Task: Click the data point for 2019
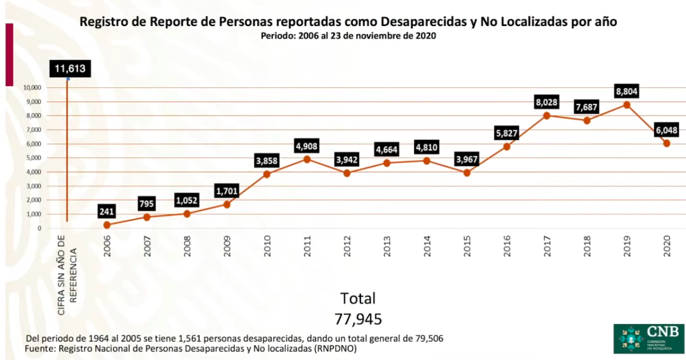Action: coord(626,105)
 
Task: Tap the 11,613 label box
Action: coord(69,69)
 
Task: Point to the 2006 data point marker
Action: coord(107,225)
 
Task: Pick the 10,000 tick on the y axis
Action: coord(33,88)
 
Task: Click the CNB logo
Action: coord(648,338)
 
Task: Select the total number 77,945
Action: coord(358,319)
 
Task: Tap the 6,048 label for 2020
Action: coord(666,130)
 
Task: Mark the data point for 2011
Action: coord(307,159)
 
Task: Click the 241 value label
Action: coord(107,211)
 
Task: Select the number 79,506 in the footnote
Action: coord(427,338)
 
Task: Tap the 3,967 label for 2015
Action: coord(467,160)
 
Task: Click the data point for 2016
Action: coord(507,146)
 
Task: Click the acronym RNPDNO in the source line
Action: coord(339,349)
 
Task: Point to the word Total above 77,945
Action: coord(358,299)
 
